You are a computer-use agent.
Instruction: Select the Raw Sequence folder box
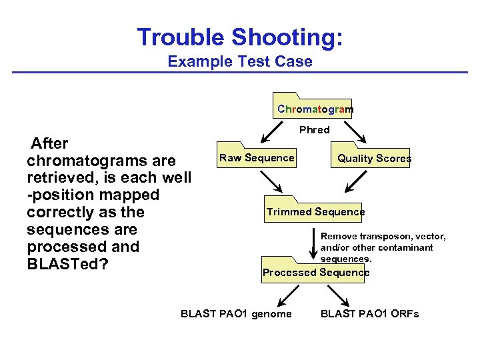(257, 158)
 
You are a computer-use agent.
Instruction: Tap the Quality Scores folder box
(374, 158)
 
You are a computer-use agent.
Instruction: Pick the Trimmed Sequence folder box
(315, 212)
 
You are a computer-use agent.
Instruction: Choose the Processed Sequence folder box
(315, 272)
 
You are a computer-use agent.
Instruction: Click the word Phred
(314, 130)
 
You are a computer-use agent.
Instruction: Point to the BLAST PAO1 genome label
(236, 314)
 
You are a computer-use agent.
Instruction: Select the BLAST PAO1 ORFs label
(369, 314)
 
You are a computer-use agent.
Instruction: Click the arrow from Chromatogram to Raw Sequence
(273, 132)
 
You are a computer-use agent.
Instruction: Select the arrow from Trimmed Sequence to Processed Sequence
(315, 243)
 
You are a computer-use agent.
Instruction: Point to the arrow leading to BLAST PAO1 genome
(287, 294)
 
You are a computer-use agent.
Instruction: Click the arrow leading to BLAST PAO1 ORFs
(341, 294)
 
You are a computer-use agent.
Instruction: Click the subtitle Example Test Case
(240, 62)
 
